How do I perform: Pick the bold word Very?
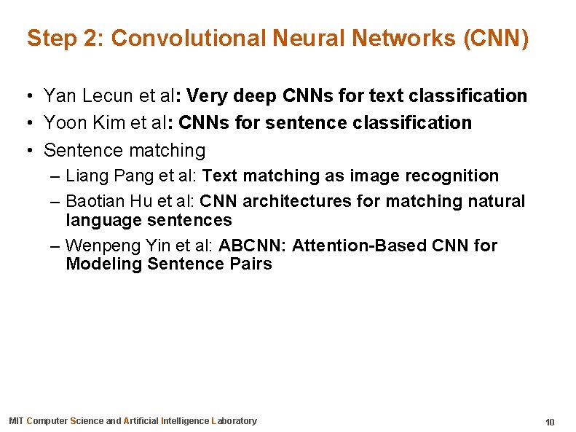[208, 95]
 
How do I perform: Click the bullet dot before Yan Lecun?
[25, 96]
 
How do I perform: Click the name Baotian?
[92, 200]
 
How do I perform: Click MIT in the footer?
[16, 420]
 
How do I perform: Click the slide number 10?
[550, 422]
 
